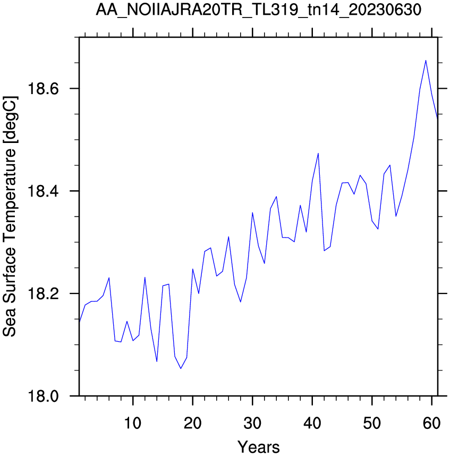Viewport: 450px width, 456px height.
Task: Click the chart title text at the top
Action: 258,10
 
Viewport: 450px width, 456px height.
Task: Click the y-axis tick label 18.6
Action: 39,88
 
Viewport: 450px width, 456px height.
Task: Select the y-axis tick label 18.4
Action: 39,191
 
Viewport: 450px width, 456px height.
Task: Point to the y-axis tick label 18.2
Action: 39,294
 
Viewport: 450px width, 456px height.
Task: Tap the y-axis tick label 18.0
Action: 39,396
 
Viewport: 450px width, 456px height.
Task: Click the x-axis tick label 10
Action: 133,423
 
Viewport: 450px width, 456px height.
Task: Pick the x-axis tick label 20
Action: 192,423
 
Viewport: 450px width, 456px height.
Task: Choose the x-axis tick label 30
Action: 252,423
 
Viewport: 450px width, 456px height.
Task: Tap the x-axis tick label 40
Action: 312,423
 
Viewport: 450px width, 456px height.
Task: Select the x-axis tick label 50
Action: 372,423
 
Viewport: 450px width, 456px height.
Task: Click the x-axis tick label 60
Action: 432,423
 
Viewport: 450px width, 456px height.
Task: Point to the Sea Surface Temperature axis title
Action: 10,216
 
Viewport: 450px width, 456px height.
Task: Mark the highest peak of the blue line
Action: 426,61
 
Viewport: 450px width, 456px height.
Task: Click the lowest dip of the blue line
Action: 181,368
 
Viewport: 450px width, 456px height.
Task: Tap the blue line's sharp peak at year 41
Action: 318,153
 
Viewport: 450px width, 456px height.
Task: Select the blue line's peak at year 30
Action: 252,213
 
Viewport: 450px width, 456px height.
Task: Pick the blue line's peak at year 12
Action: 145,277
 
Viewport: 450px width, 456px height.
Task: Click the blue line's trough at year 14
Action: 157,361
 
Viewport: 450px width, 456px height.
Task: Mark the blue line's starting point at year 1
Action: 79,322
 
